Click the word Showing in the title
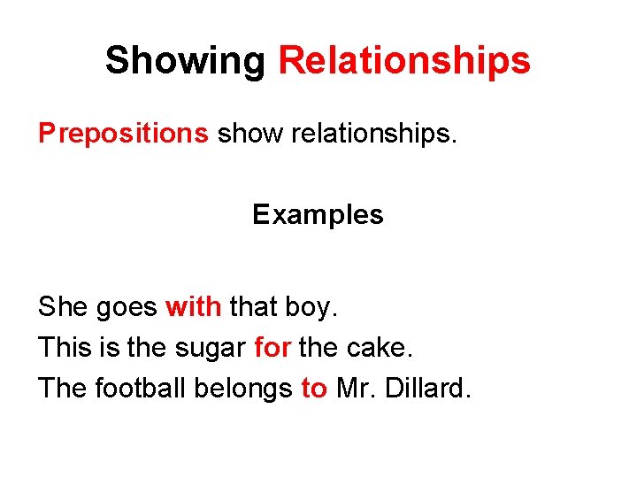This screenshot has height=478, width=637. tap(184, 61)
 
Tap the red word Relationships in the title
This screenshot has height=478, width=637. tap(404, 61)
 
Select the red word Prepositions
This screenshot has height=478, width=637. tap(123, 133)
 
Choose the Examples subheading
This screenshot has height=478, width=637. tap(318, 214)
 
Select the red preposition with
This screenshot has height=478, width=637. tap(193, 307)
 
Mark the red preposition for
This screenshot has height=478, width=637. tap(272, 348)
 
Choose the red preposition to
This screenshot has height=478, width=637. tap(314, 389)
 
